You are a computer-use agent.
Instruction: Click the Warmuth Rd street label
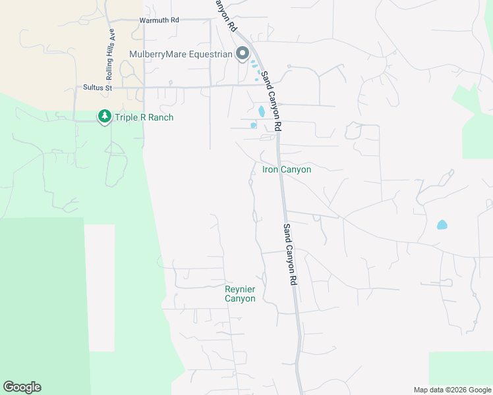tap(159, 20)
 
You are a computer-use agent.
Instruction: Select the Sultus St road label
tap(98, 87)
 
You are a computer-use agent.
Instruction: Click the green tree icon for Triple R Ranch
tap(104, 117)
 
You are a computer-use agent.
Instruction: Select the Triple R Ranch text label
tap(144, 118)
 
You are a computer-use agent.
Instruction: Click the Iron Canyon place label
tap(287, 170)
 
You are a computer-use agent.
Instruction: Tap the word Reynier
tap(240, 289)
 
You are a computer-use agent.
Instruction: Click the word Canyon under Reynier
tap(240, 299)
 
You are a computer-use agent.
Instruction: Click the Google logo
tap(22, 387)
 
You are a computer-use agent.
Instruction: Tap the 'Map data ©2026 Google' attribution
tap(451, 390)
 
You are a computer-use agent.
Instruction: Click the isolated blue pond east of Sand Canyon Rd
tap(442, 224)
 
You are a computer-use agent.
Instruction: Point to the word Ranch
tap(160, 118)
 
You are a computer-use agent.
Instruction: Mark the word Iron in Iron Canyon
tap(271, 170)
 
